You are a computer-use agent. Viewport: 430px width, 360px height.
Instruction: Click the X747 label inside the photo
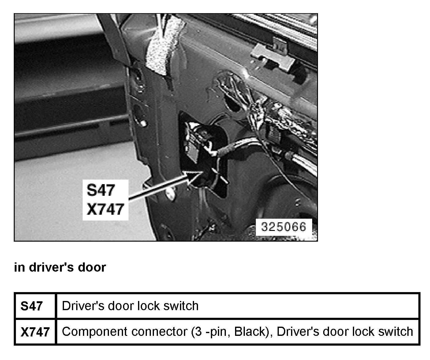(x=105, y=210)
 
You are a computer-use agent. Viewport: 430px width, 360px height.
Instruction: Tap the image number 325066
(x=283, y=227)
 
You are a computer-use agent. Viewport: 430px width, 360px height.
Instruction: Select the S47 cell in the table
(x=32, y=306)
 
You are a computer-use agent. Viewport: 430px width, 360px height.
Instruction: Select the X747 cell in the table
(x=35, y=332)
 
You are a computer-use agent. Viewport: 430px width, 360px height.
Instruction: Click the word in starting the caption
(x=19, y=267)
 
